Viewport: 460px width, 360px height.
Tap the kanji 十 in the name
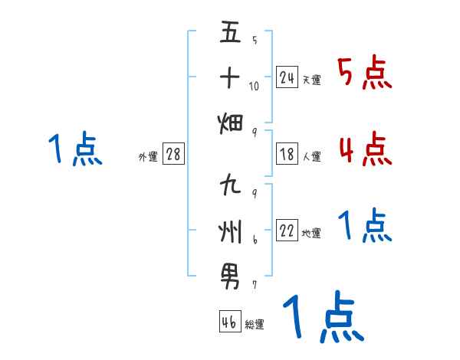[231, 77]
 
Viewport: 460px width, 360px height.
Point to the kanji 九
[231, 186]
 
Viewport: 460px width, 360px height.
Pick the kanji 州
[231, 229]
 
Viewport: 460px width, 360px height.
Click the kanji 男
[231, 273]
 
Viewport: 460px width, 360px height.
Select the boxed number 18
[287, 154]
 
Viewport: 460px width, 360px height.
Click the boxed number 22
[287, 231]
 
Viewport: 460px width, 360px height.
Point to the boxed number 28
[173, 154]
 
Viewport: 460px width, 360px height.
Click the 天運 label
[311, 80]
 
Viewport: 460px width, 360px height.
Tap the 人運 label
[311, 156]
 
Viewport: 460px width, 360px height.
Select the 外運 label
[148, 156]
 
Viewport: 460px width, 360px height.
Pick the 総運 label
[254, 324]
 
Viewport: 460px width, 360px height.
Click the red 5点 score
[364, 73]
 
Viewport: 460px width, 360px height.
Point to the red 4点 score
[364, 149]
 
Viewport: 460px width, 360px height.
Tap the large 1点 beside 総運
[322, 316]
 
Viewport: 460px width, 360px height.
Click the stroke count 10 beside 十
[255, 86]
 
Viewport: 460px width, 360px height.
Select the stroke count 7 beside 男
[255, 285]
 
